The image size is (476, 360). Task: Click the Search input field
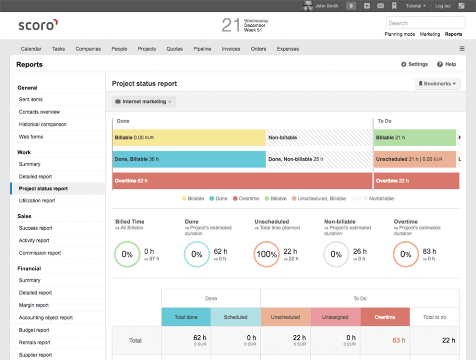pos(425,23)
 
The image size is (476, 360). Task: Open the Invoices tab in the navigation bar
pos(231,49)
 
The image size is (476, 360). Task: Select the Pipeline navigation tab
pos(202,49)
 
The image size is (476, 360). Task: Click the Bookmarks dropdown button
pos(437,84)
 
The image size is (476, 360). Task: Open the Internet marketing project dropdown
pos(144,102)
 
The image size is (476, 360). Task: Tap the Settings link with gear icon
pos(414,64)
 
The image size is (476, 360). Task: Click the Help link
pos(446,64)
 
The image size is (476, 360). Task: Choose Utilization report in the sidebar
pos(37,201)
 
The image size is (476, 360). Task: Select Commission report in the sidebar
pos(40,253)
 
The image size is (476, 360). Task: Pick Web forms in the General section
pos(31,137)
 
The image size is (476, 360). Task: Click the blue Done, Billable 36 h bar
pos(189,159)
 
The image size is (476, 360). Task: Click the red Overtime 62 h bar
pos(242,181)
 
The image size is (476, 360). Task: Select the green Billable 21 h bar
pos(415,137)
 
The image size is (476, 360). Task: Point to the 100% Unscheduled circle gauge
pos(266,254)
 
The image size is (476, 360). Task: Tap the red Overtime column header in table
pos(385,317)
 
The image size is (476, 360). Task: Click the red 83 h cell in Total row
pos(399,340)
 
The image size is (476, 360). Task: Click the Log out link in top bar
pos(443,6)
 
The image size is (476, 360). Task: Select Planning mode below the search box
pos(400,34)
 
